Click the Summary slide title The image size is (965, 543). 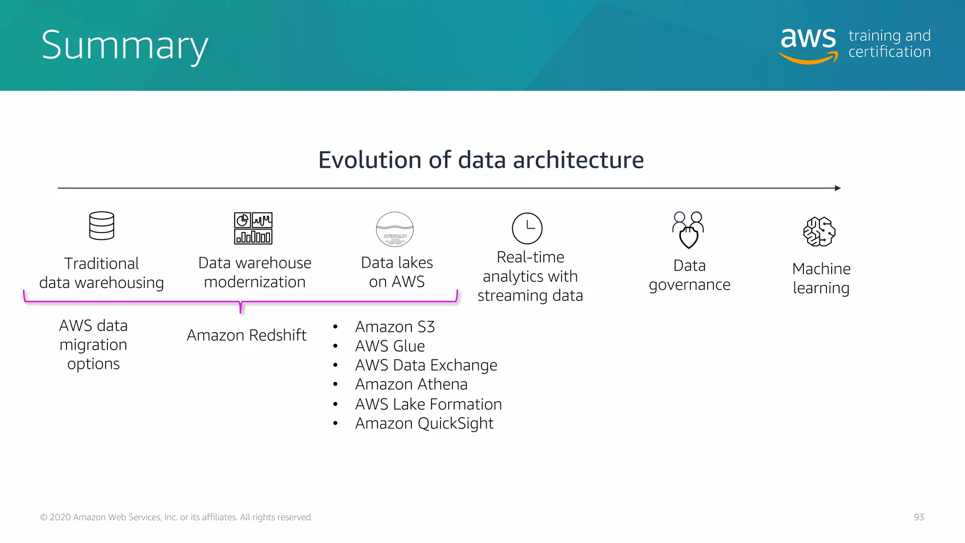point(124,45)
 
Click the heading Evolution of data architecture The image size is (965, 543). point(481,160)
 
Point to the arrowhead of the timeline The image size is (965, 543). point(838,188)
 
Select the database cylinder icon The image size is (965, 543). point(102,226)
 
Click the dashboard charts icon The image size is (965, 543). point(254,228)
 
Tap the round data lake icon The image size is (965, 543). point(395,229)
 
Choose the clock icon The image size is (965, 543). point(527,228)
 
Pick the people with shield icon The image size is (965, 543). point(688,230)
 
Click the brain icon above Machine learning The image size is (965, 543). point(819,231)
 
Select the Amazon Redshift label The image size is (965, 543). point(246,335)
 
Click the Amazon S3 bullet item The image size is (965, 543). point(395,327)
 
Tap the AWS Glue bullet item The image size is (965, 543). point(390,346)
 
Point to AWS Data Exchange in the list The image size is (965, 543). point(426,365)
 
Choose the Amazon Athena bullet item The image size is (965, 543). point(411,385)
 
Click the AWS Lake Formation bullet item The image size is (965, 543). point(428,404)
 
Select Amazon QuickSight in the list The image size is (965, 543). point(424,423)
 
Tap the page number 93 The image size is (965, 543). point(919,517)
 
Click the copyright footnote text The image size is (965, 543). point(176,517)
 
